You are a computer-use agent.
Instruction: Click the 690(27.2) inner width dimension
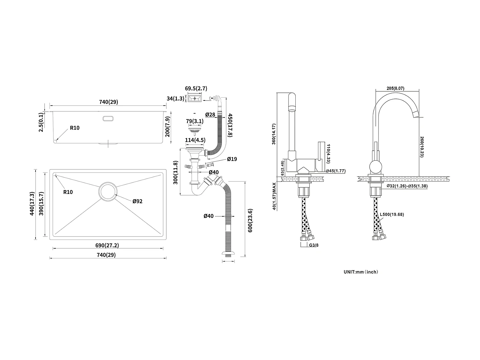[107, 245]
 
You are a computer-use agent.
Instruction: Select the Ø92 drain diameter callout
[138, 201]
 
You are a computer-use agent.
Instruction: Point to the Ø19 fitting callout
[232, 159]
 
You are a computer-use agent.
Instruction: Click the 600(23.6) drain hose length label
[251, 220]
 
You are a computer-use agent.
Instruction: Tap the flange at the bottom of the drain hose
[228, 254]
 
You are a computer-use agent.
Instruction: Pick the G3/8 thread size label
[314, 245]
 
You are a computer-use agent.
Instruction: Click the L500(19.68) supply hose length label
[392, 214]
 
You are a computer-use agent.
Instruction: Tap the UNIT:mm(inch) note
[361, 272]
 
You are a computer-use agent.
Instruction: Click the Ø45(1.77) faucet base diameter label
[336, 171]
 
